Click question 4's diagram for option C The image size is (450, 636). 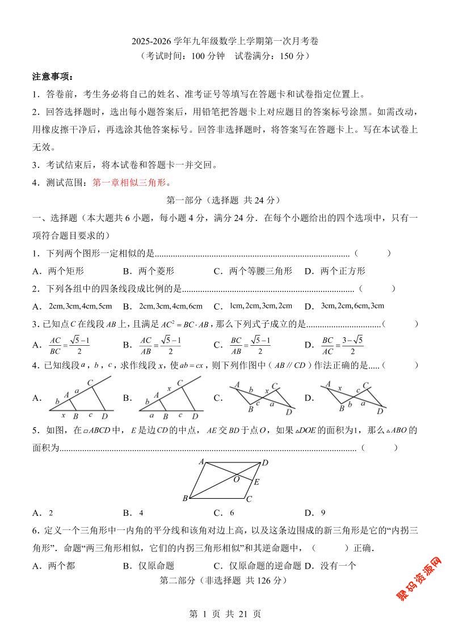[x=262, y=398]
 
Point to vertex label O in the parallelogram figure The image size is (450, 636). [x=236, y=480]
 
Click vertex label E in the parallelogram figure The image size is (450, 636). [x=256, y=482]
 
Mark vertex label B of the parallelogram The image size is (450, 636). [x=185, y=499]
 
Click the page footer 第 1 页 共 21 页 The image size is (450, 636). [x=225, y=613]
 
